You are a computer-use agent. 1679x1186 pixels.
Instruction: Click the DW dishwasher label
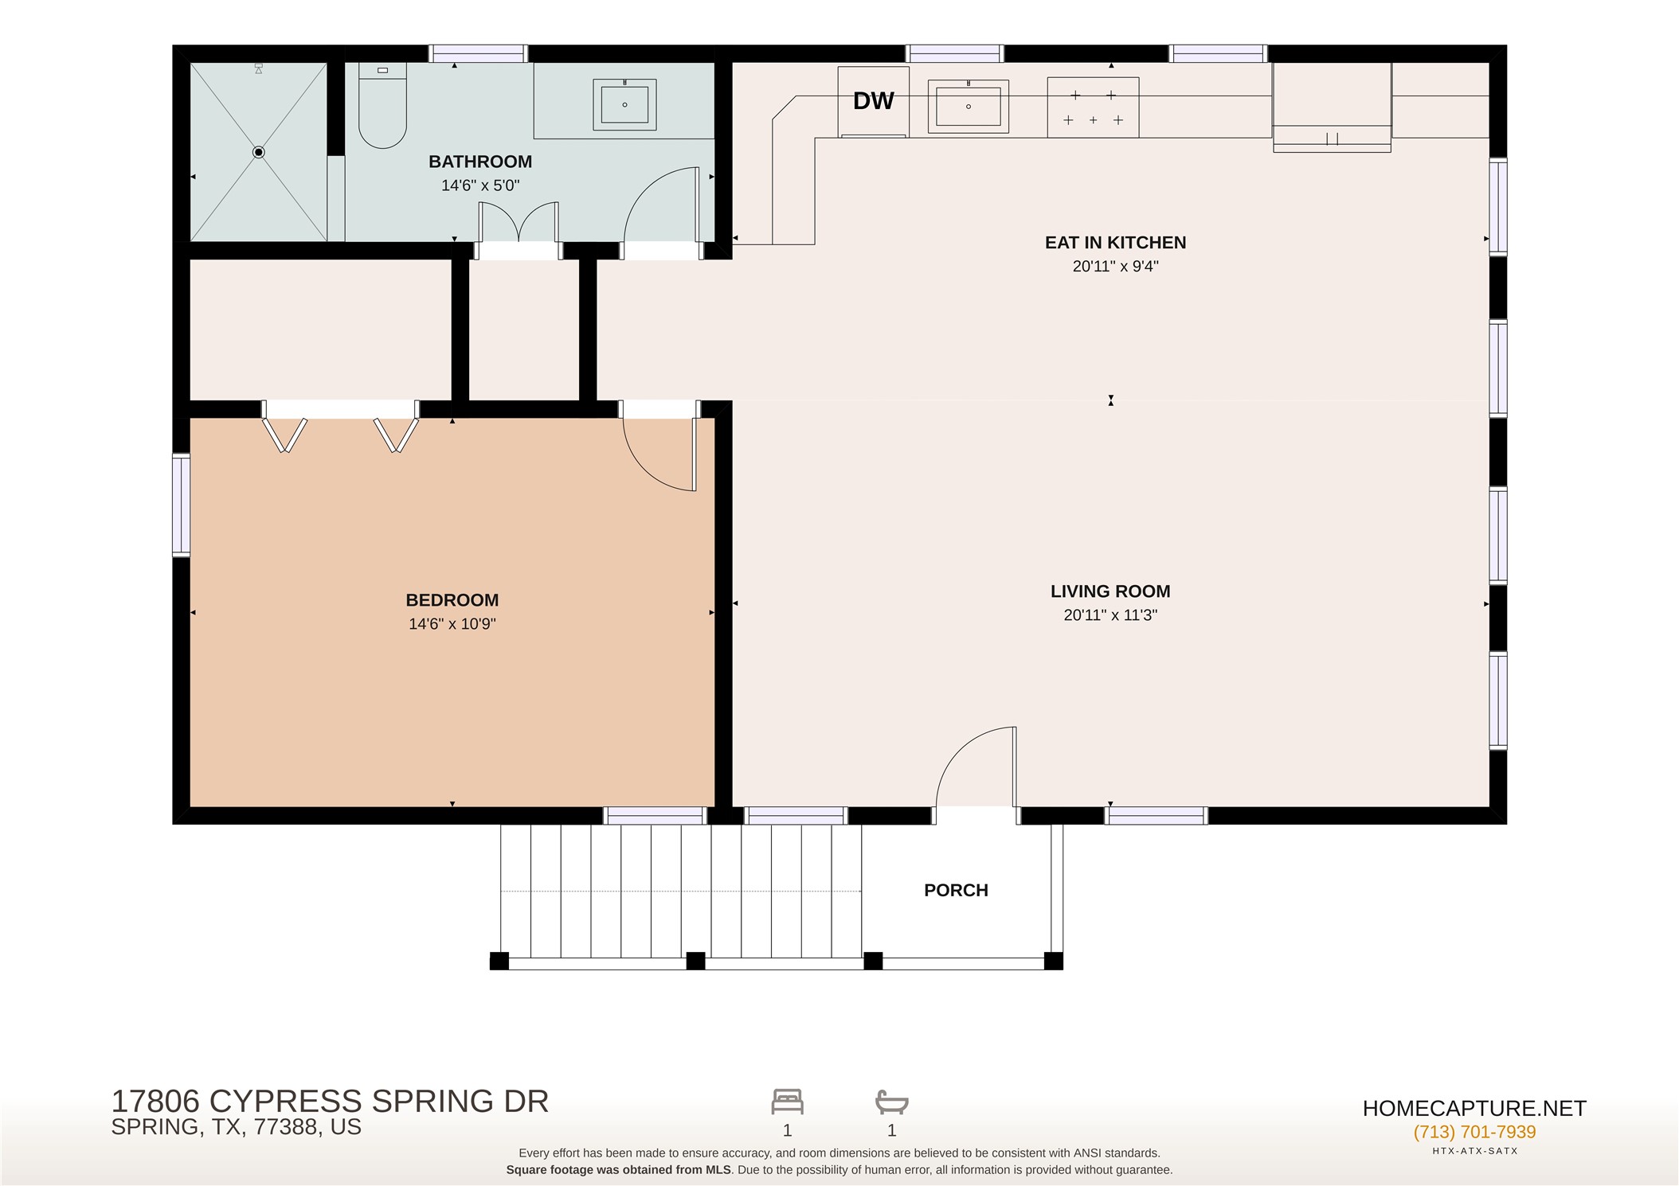[874, 101]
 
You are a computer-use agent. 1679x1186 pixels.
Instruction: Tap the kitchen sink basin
[969, 106]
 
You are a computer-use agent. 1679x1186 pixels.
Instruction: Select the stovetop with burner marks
[1093, 107]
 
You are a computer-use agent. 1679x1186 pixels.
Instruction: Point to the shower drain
[258, 152]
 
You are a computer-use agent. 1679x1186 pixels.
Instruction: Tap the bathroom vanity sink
[624, 104]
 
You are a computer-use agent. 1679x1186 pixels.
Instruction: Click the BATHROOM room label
[480, 162]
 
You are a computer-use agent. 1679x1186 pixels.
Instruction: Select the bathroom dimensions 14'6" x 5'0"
[480, 185]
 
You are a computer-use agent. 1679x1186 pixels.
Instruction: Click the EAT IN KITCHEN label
[1115, 243]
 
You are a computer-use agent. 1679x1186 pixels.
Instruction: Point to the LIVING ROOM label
[1110, 591]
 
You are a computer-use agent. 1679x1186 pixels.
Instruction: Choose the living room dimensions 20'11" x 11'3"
[1110, 615]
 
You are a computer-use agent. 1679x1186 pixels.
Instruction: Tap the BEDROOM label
[452, 600]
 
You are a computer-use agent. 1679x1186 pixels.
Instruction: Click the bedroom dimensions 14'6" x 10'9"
[452, 624]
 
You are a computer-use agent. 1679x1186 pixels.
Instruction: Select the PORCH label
[956, 891]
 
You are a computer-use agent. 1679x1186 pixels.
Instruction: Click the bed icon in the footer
[787, 1102]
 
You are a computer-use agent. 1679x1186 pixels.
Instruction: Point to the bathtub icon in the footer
[891, 1102]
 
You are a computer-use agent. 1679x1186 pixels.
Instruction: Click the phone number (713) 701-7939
[1474, 1132]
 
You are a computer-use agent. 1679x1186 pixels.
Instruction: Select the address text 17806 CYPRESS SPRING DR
[330, 1102]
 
